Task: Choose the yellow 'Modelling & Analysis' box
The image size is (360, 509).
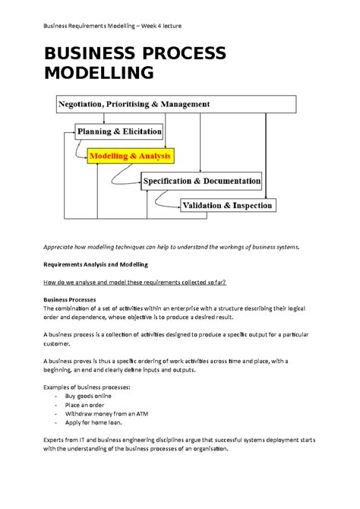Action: point(131,156)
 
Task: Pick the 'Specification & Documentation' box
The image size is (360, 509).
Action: point(202,182)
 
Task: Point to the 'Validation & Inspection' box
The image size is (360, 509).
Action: point(228,205)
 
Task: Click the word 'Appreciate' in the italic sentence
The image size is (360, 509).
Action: point(62,247)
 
